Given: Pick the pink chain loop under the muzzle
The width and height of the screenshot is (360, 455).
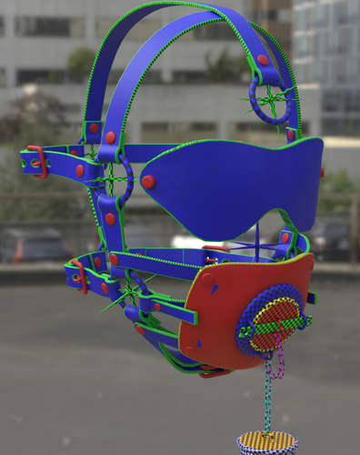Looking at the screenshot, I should (x=280, y=364).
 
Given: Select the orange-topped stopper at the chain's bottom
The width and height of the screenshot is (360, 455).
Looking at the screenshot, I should (x=265, y=443).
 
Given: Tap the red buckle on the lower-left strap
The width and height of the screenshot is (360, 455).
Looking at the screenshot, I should (x=78, y=277).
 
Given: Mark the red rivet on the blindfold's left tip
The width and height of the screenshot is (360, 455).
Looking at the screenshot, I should (x=148, y=181).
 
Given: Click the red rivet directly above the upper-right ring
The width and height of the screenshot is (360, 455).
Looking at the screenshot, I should (x=263, y=60).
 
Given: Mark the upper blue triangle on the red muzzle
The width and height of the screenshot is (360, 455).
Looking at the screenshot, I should (x=206, y=273).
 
